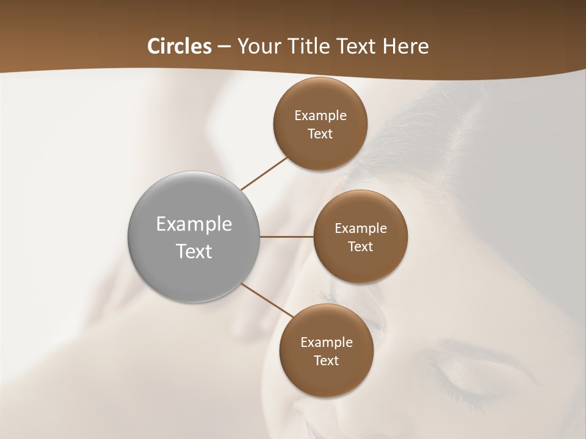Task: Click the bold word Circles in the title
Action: pyautogui.click(x=179, y=46)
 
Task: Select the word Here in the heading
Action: pyautogui.click(x=406, y=46)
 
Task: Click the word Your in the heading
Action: pyautogui.click(x=259, y=46)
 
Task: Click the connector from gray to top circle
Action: pyautogui.click(x=264, y=173)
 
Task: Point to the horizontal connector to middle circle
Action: pyautogui.click(x=286, y=237)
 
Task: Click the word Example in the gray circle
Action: pyautogui.click(x=194, y=224)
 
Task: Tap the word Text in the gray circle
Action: pyautogui.click(x=194, y=251)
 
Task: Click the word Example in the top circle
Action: pyautogui.click(x=320, y=116)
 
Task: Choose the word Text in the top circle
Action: pyautogui.click(x=320, y=134)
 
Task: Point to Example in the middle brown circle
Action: pyautogui.click(x=360, y=229)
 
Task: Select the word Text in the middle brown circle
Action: pyautogui.click(x=360, y=247)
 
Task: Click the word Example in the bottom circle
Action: pyautogui.click(x=326, y=343)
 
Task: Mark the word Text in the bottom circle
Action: pyautogui.click(x=326, y=361)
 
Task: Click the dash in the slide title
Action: pyautogui.click(x=224, y=47)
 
